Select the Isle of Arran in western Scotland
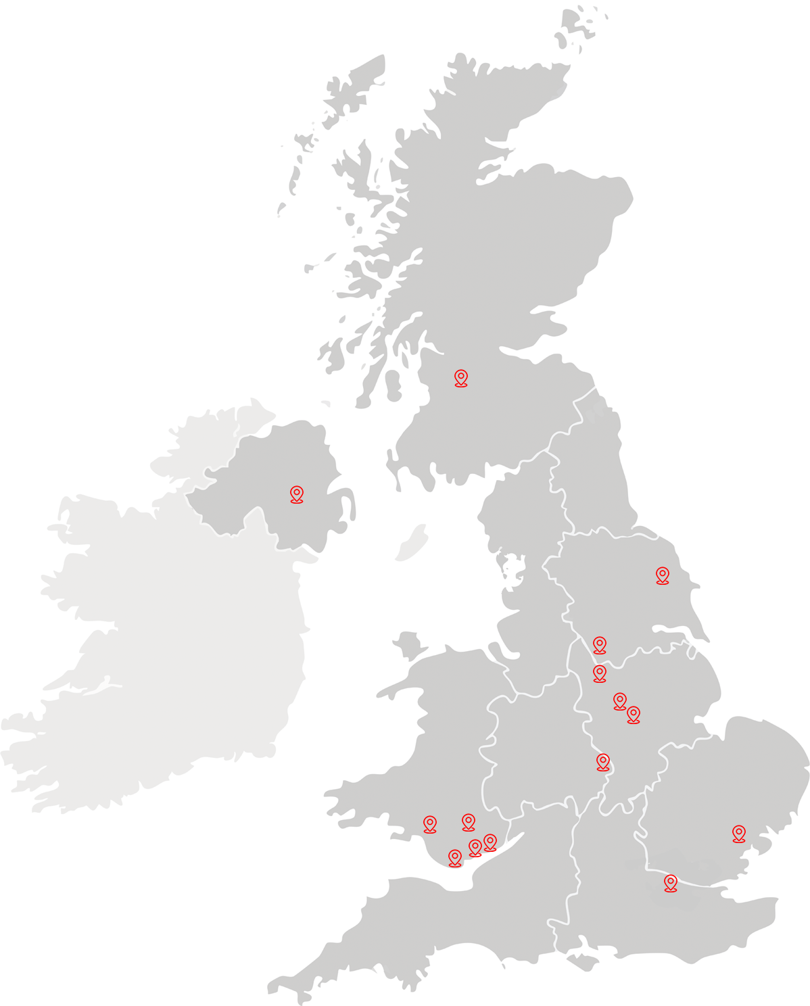(392, 385)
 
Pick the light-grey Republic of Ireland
(169, 642)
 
